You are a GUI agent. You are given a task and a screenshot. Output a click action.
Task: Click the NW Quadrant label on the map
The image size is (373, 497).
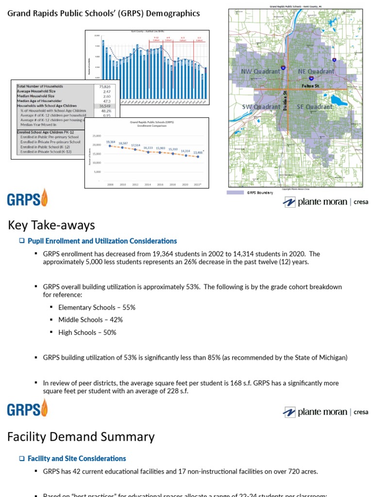tap(261, 71)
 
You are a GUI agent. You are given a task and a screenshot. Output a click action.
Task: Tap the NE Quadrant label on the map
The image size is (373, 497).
tap(316, 71)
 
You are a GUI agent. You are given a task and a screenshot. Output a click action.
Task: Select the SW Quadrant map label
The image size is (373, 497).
tap(261, 107)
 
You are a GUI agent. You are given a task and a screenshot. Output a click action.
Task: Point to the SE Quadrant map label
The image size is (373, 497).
tap(315, 107)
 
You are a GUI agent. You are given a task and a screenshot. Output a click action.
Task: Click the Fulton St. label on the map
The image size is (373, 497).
tap(310, 86)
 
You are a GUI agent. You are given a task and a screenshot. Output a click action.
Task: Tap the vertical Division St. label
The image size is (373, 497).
tap(286, 99)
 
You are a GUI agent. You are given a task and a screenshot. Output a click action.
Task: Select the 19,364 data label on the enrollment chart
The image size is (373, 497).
tap(110, 142)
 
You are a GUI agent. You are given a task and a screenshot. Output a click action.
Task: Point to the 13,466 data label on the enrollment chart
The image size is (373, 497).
tap(198, 152)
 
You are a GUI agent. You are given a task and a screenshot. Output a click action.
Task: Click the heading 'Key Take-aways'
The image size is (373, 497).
tap(51, 225)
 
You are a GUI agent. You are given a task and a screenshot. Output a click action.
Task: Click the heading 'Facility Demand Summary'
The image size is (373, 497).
tap(81, 437)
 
